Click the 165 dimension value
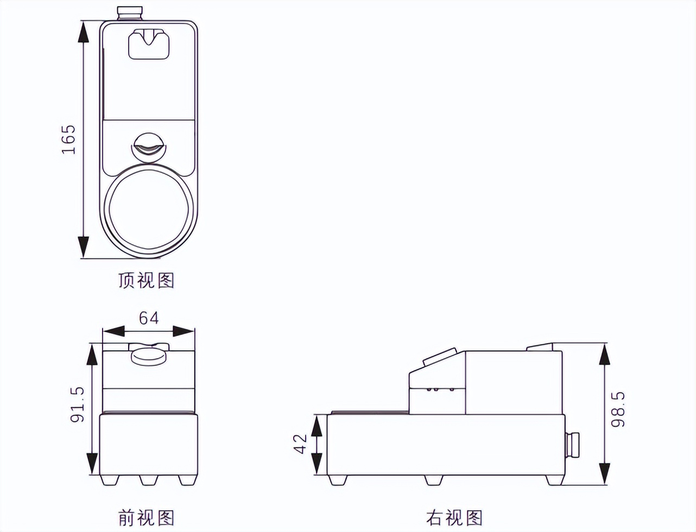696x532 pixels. coord(69,140)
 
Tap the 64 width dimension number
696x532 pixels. coord(149,318)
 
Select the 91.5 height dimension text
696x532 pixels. coord(78,404)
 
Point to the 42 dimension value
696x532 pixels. coord(300,444)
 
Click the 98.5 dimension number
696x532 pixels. coord(618,409)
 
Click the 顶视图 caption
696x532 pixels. coord(146,280)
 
